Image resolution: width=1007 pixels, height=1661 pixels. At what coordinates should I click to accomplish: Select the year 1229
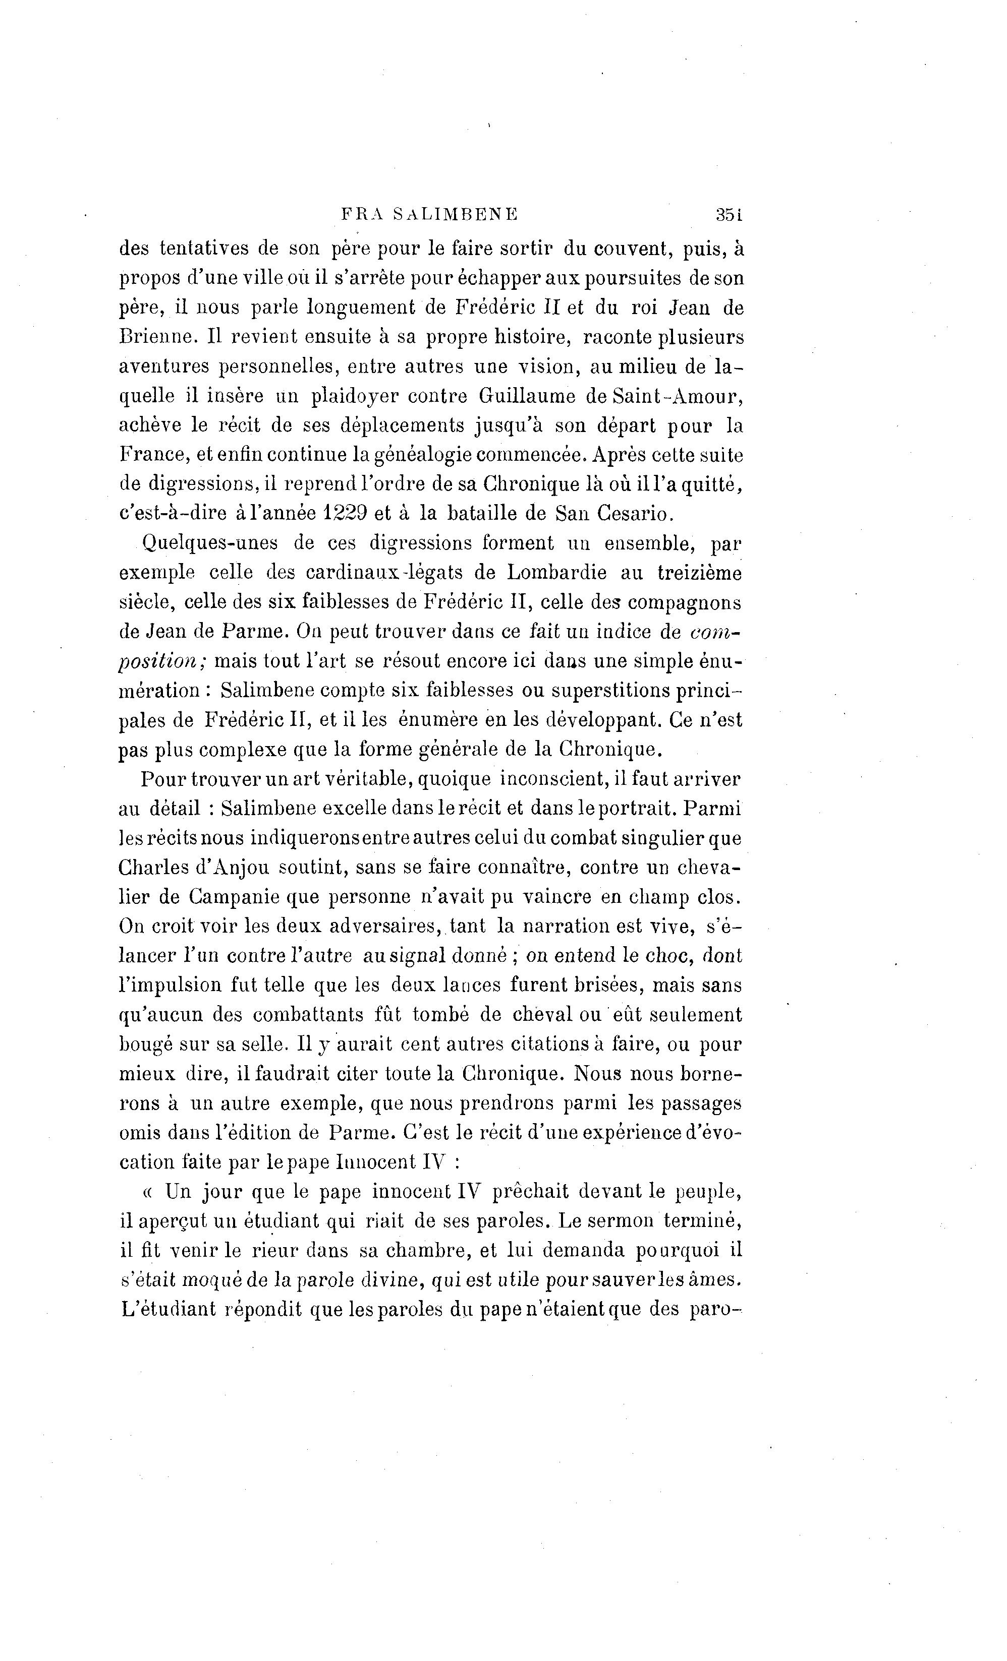click(x=345, y=513)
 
